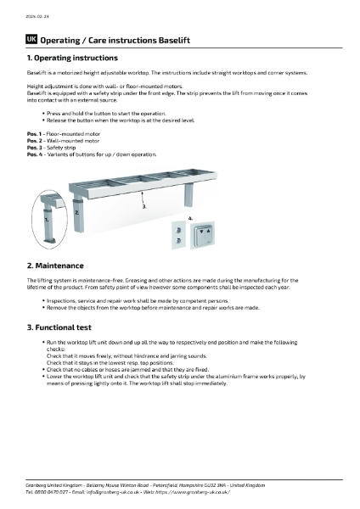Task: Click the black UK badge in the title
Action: click(31, 40)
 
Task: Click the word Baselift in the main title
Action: click(174, 40)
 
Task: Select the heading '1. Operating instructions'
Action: click(72, 58)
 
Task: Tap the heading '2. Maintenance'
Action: click(55, 266)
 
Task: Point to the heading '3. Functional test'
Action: click(59, 327)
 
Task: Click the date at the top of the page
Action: click(37, 16)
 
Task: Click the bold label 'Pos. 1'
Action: click(34, 134)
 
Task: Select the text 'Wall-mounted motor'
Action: click(73, 141)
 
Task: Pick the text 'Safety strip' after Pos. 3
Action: click(61, 148)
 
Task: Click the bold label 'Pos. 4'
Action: click(35, 154)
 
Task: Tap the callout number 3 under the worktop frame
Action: click(144, 206)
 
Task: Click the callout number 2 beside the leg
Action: click(77, 213)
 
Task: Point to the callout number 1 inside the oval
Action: click(47, 220)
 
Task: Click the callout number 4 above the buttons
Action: click(190, 219)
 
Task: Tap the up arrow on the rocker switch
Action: click(208, 232)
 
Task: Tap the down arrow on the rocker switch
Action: click(201, 232)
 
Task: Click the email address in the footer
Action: click(112, 492)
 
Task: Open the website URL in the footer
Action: click(192, 492)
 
